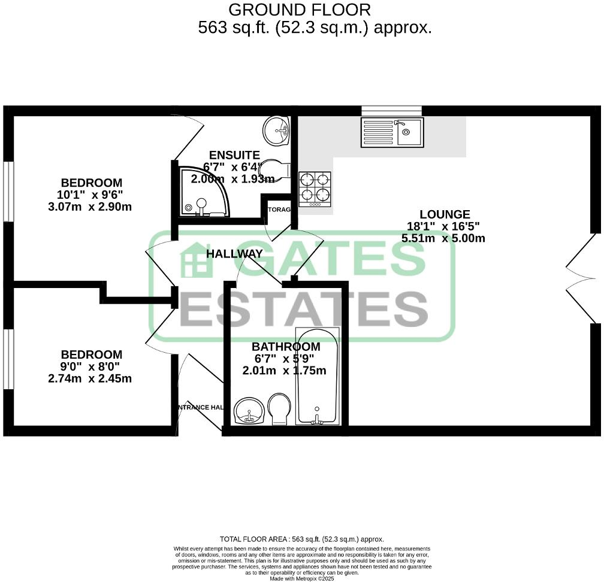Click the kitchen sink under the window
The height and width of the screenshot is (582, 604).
[392, 132]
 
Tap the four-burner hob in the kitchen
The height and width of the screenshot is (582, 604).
[315, 188]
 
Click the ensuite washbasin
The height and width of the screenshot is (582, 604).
[277, 129]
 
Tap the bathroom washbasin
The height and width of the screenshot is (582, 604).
[250, 411]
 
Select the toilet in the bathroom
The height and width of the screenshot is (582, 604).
[279, 409]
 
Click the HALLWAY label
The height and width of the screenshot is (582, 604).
[234, 254]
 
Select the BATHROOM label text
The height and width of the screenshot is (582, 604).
[285, 347]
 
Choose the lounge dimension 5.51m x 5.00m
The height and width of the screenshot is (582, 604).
[443, 238]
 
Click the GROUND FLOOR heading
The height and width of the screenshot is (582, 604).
[300, 10]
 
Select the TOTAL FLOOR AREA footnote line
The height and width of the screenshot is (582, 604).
[301, 539]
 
